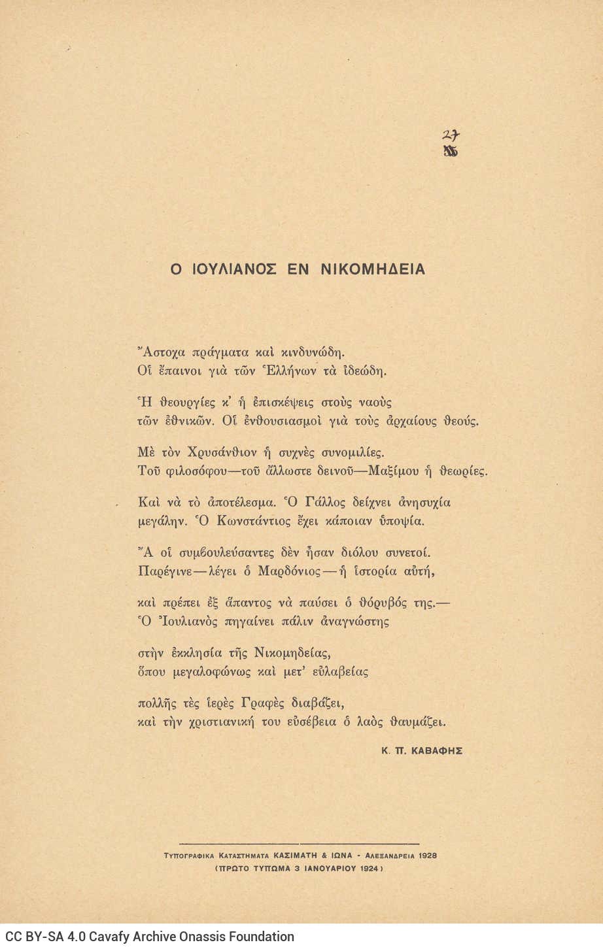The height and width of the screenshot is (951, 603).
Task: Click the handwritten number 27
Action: click(450, 135)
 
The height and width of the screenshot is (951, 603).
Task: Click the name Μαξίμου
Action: click(408, 471)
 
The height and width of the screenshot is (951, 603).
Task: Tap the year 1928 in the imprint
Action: click(425, 855)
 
